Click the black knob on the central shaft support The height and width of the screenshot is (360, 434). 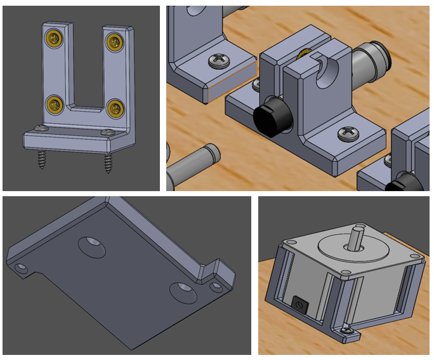point(272,117)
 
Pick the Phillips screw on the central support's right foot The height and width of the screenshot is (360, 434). point(348,133)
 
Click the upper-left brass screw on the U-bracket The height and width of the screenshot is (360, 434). point(52,40)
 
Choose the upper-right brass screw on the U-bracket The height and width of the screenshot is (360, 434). point(115,42)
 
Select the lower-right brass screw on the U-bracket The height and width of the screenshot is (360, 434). point(115,107)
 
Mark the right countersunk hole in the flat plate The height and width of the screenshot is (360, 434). point(183,291)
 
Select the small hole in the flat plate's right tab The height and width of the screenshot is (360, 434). point(217,286)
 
